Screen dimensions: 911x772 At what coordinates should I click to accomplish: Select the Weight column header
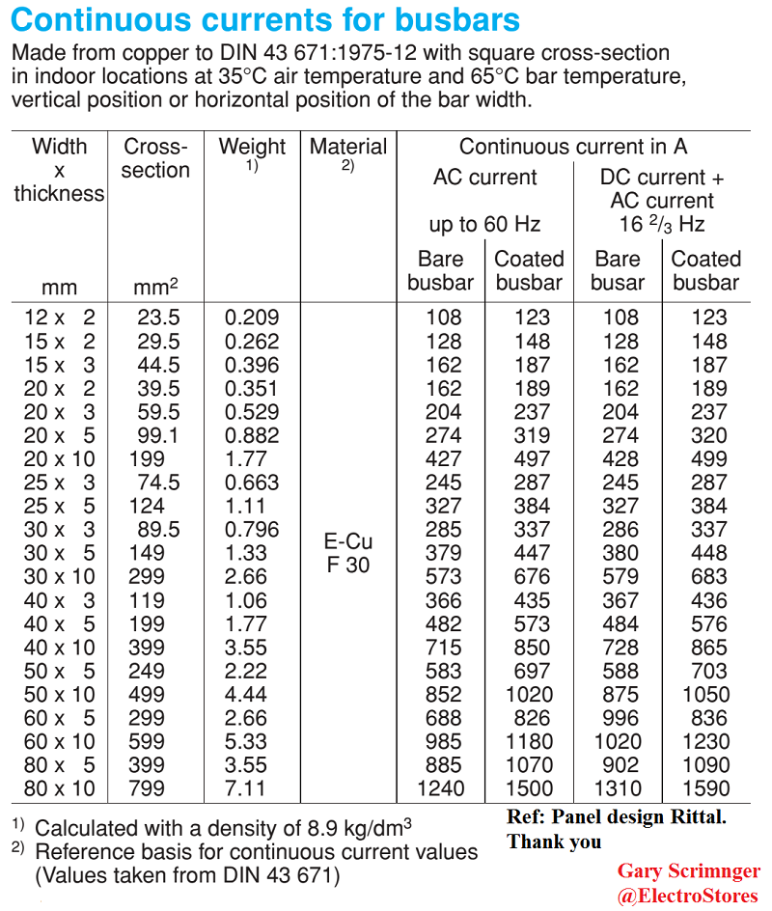click(253, 148)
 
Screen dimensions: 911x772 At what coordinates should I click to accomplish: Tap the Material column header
click(348, 148)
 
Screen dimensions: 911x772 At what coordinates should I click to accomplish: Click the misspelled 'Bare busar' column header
click(618, 271)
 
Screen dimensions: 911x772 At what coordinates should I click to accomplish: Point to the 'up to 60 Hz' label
click(484, 225)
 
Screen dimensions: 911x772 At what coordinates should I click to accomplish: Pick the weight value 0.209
click(252, 317)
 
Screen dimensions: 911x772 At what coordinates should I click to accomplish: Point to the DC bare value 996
click(619, 718)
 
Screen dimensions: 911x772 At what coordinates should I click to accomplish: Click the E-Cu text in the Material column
click(348, 541)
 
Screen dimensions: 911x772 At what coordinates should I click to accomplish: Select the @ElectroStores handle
click(688, 897)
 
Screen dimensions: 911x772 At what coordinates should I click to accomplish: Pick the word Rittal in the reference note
click(693, 817)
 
